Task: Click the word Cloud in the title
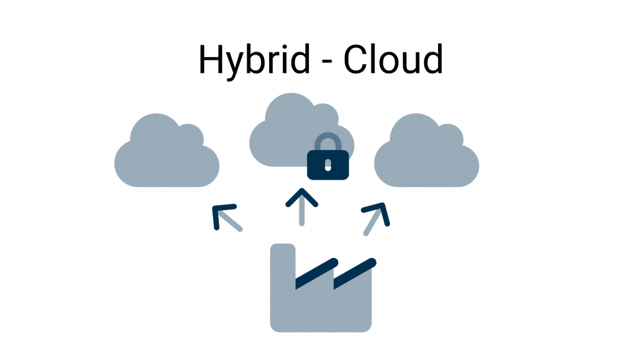(393, 60)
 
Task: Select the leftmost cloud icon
(167, 155)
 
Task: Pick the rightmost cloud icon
(426, 155)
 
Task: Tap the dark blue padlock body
(328, 165)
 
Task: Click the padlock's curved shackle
(327, 142)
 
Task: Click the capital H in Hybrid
(211, 60)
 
